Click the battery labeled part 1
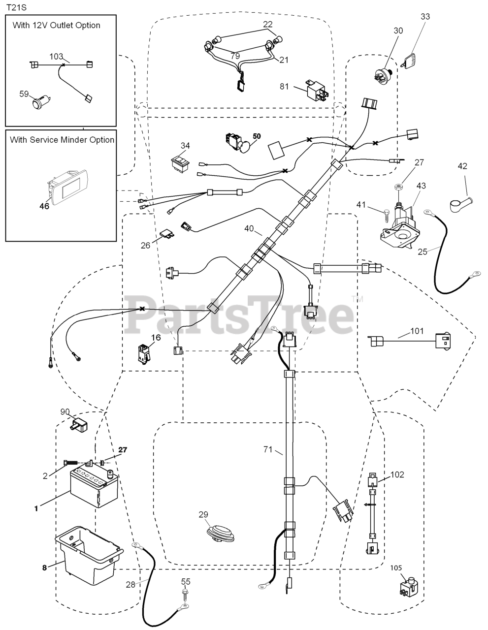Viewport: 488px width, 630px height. coord(91,487)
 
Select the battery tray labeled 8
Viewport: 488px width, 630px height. coord(89,551)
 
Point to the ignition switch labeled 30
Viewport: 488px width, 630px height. coord(382,77)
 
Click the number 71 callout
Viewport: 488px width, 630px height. coord(267,449)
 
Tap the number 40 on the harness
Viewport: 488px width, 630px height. coord(249,229)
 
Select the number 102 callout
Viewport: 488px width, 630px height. coord(397,475)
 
